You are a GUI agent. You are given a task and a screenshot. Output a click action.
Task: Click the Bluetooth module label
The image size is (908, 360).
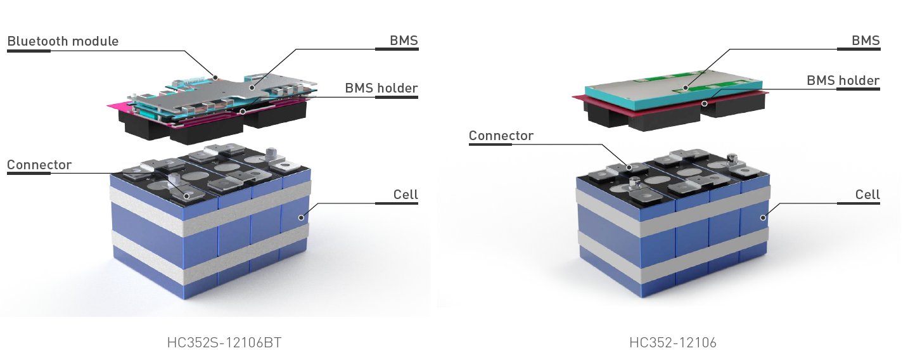63,41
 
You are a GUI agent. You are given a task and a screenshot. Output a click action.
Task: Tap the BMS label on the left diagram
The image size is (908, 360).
404,41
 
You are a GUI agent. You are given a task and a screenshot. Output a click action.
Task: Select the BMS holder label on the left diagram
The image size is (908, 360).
381,87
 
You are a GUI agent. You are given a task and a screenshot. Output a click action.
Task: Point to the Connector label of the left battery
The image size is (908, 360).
39,165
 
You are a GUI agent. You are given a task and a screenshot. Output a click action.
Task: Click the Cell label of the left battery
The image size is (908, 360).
406,194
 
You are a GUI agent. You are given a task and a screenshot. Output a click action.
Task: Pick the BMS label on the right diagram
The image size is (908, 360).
866,41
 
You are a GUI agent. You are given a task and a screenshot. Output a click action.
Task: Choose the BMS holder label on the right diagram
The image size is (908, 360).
843,80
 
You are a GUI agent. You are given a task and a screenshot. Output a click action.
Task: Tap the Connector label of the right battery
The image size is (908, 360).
501,136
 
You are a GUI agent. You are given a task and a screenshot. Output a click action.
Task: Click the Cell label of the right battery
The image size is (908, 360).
867,194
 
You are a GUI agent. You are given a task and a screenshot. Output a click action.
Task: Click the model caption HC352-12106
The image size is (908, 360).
673,343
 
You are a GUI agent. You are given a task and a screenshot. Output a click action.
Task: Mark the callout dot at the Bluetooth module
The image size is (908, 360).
215,77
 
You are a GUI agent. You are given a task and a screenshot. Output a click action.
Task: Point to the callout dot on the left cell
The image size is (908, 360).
302,217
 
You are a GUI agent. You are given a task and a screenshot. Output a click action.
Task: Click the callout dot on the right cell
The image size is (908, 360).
763,217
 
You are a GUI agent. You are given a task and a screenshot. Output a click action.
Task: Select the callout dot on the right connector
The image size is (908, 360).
629,167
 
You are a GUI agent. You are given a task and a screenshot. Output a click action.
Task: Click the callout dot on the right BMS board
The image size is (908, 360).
685,88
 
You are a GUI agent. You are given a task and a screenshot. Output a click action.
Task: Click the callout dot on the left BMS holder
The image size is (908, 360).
243,111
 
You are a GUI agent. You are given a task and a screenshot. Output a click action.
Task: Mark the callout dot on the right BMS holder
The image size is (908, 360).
703,102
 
